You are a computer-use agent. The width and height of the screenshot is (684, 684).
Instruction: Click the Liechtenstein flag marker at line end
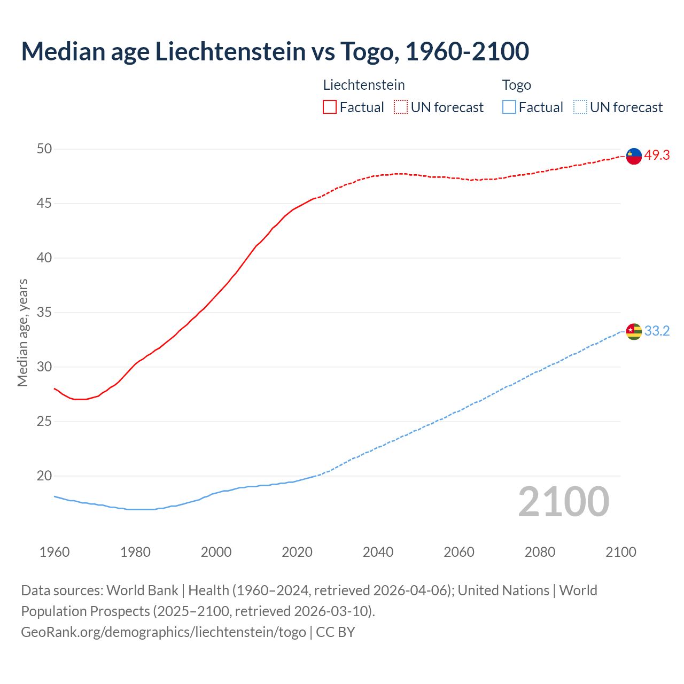pyautogui.click(x=634, y=156)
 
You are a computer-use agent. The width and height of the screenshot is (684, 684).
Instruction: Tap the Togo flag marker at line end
pyautogui.click(x=634, y=332)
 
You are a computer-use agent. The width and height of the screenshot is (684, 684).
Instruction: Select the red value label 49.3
pyautogui.click(x=657, y=156)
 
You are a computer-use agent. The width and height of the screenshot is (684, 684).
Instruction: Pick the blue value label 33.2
pyautogui.click(x=657, y=331)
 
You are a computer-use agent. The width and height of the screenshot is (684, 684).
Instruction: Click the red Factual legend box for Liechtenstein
pyautogui.click(x=330, y=107)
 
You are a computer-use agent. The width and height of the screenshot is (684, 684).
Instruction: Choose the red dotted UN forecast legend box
pyautogui.click(x=401, y=107)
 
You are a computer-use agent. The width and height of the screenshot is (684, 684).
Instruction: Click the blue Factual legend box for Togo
pyautogui.click(x=509, y=107)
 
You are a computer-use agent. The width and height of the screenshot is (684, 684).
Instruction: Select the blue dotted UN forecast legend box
pyautogui.click(x=580, y=107)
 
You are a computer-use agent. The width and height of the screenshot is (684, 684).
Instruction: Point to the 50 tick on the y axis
pyautogui.click(x=44, y=149)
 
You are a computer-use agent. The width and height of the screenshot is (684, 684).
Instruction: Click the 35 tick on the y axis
pyautogui.click(x=44, y=312)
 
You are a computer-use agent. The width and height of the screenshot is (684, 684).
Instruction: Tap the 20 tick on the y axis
pyautogui.click(x=44, y=476)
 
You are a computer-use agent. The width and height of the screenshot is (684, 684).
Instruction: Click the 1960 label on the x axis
pyautogui.click(x=55, y=552)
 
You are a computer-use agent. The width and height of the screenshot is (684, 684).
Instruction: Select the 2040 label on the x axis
pyautogui.click(x=378, y=552)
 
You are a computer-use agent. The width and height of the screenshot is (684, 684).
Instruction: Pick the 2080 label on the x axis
pyautogui.click(x=540, y=552)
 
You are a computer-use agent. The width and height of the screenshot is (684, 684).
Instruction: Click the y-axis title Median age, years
pyautogui.click(x=22, y=332)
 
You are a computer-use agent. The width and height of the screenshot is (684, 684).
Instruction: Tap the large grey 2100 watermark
pyautogui.click(x=563, y=502)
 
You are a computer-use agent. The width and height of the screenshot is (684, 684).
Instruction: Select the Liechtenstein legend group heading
pyautogui.click(x=364, y=85)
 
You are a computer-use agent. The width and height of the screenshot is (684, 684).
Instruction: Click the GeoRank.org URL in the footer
pyautogui.click(x=163, y=632)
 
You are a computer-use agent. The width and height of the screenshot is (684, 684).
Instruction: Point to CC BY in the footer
pyautogui.click(x=336, y=632)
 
